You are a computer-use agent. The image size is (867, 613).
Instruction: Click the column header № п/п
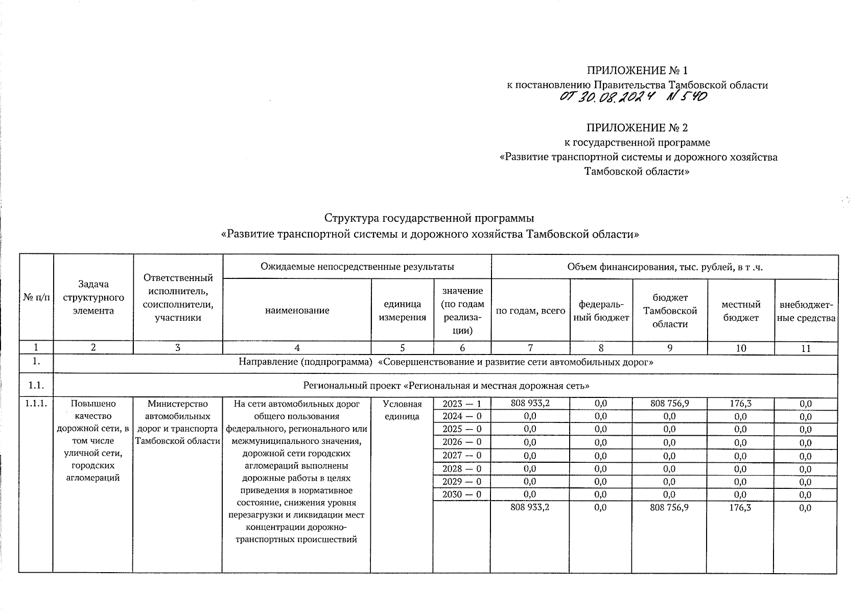click(x=36, y=297)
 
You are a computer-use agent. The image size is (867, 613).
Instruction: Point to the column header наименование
click(x=297, y=310)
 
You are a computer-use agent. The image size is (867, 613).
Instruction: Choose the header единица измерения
click(x=402, y=310)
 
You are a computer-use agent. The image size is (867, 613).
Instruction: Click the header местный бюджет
click(x=740, y=311)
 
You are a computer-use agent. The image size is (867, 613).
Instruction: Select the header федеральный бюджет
click(x=600, y=311)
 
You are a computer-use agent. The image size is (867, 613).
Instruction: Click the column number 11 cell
click(x=805, y=349)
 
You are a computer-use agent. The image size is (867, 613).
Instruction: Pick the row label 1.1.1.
click(x=36, y=404)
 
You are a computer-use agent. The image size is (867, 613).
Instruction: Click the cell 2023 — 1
click(x=461, y=404)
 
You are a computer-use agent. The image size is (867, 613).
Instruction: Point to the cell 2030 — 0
click(x=461, y=494)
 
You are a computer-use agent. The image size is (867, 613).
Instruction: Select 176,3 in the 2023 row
click(x=740, y=404)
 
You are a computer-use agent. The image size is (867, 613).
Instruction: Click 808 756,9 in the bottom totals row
click(x=669, y=507)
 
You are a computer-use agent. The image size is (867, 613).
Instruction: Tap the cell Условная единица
click(x=402, y=410)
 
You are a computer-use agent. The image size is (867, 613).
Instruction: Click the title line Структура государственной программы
click(x=429, y=218)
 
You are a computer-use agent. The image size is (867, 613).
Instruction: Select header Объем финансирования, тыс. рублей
click(x=664, y=267)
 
